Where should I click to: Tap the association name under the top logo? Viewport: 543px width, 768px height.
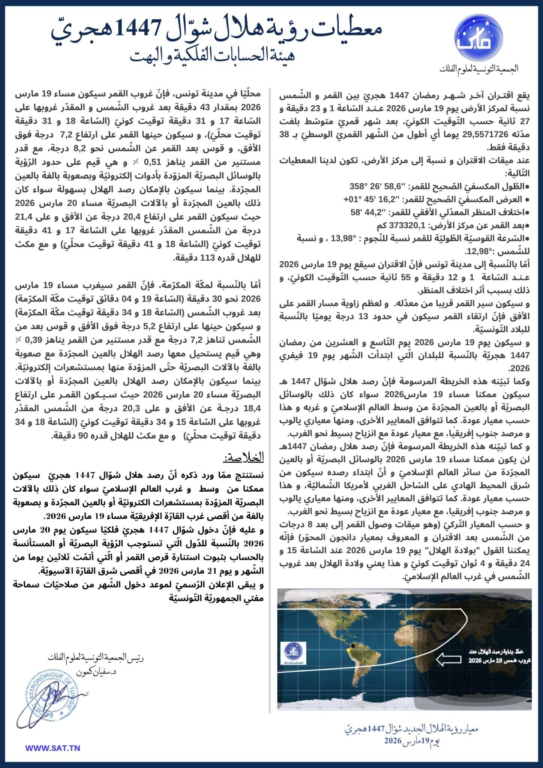[479, 69]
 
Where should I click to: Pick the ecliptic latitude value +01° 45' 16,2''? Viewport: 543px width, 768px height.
[372, 199]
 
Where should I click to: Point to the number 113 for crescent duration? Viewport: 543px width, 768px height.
[208, 258]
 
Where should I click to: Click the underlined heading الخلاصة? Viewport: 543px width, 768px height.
[244, 458]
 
